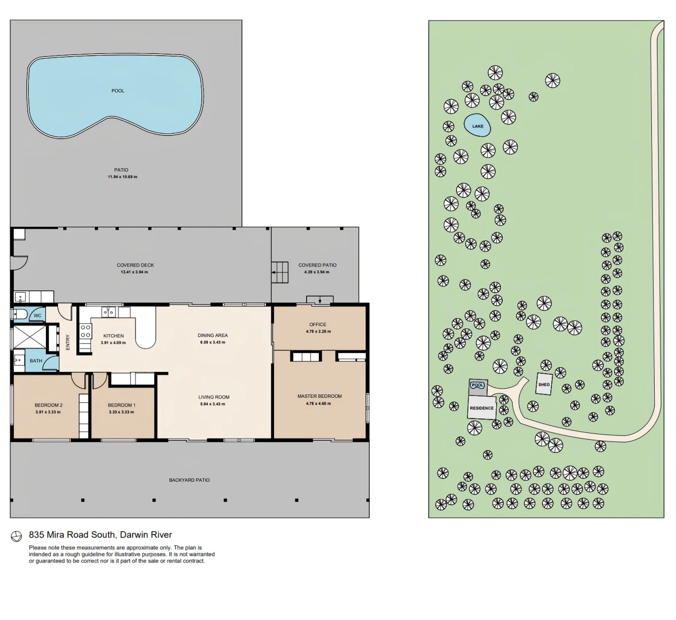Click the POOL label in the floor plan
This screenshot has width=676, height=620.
pos(118,91)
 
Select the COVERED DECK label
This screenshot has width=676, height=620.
pos(135,265)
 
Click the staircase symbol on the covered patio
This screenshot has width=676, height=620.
pos(280,272)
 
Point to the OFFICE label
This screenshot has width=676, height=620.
pos(318,324)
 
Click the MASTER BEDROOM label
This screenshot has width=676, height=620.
pos(319,396)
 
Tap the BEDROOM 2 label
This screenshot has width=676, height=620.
pos(48,405)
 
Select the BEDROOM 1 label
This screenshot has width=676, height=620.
pos(122,405)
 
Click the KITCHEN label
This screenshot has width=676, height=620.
pos(113,336)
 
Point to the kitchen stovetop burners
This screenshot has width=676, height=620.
pos(86,331)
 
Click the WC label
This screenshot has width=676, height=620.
pos(37,316)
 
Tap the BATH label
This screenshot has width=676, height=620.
pos(36,361)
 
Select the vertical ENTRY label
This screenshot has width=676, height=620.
pos(68,342)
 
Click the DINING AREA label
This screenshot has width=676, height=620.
pos(213,335)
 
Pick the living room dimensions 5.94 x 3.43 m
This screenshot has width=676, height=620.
pos(214,404)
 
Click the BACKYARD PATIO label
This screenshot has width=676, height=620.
pos(189,480)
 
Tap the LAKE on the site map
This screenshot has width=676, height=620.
pos(477,126)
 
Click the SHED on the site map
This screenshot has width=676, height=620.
pos(544,385)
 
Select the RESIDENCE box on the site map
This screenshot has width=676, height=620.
pos(481,408)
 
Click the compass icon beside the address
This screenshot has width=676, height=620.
pos(17,536)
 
